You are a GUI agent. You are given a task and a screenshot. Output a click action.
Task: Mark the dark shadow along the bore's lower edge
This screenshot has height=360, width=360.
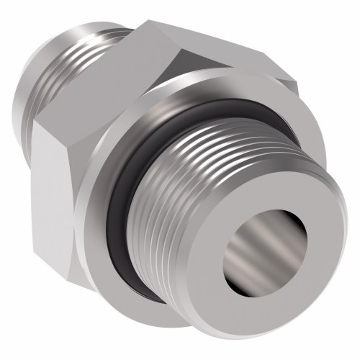(x=270, y=284)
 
